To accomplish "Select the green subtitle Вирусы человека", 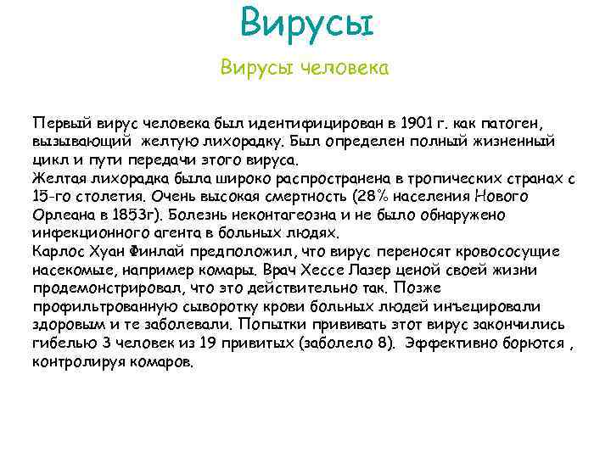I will click(305, 68).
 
